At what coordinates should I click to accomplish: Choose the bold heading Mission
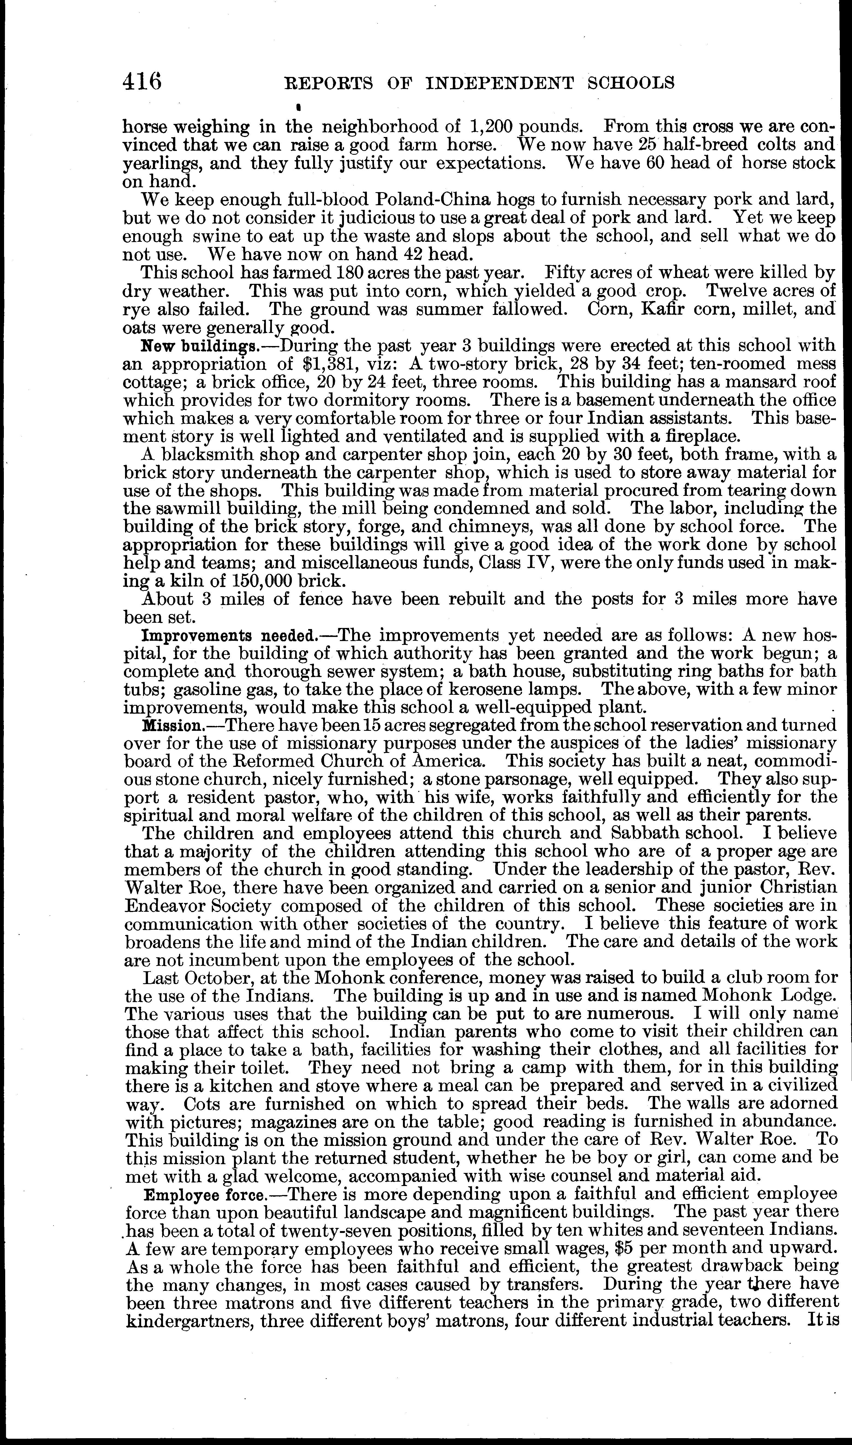[172, 726]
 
